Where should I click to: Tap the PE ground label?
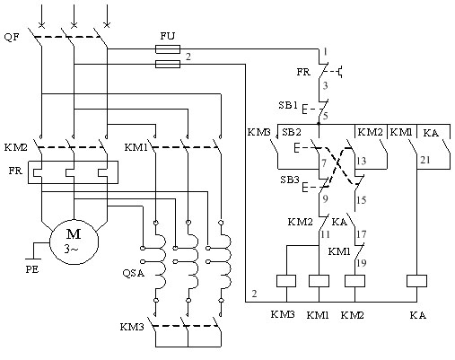(x=32, y=269)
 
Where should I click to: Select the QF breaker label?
(x=12, y=38)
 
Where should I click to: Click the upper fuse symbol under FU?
(x=168, y=49)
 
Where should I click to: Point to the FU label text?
(x=168, y=36)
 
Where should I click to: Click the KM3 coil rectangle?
(x=286, y=281)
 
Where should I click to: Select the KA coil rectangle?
(x=416, y=281)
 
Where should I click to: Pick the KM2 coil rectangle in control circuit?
(x=354, y=281)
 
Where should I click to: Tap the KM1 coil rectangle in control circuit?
(x=319, y=281)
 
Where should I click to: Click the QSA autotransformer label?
(x=134, y=273)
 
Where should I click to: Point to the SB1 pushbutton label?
(x=288, y=105)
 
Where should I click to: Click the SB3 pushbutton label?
(x=290, y=180)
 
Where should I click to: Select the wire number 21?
(x=425, y=160)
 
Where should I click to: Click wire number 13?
(x=362, y=161)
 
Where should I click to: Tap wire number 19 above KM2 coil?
(x=362, y=263)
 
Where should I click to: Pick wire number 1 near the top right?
(x=325, y=52)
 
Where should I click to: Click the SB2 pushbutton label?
(x=292, y=132)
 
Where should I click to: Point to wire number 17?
(x=362, y=234)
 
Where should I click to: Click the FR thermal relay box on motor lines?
(x=74, y=172)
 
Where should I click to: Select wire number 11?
(x=325, y=234)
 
